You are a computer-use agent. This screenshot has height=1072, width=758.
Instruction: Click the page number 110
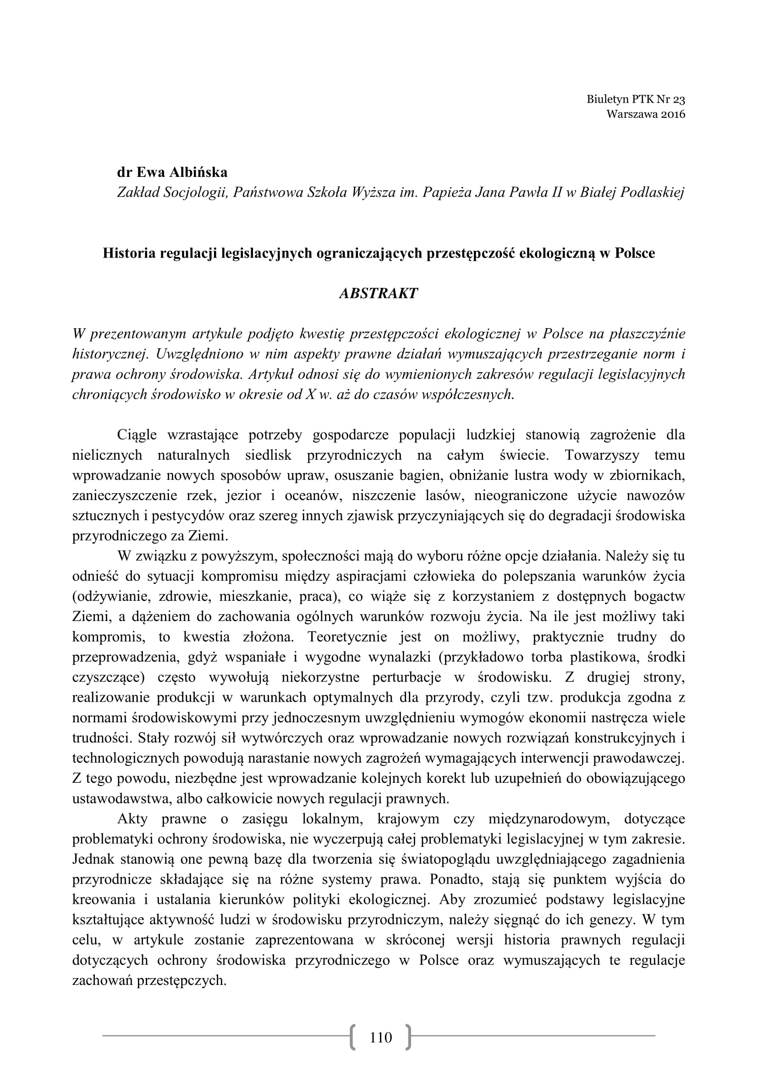coord(381,1038)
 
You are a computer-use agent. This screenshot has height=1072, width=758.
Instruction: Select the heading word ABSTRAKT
coord(378,293)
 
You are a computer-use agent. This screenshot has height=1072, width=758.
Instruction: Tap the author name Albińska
coord(198,172)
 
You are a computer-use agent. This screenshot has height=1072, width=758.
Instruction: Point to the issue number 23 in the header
coord(679,99)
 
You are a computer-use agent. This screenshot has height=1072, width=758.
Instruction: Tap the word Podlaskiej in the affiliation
coord(652,192)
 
